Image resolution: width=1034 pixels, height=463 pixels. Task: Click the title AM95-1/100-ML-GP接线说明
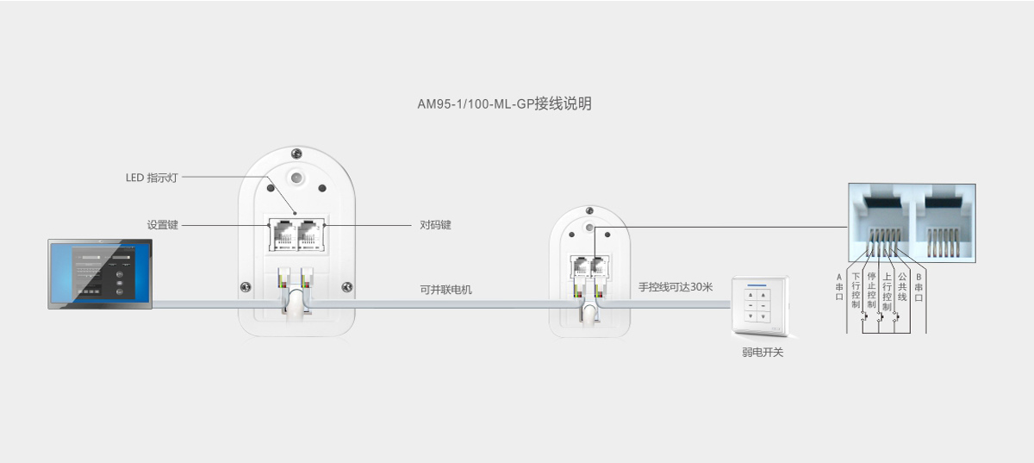pyautogui.click(x=504, y=104)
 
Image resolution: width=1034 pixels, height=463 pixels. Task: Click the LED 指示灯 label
pyautogui.click(x=151, y=178)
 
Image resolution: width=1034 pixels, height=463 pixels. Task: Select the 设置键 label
pyautogui.click(x=162, y=225)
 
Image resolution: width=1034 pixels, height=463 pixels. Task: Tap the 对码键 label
pyautogui.click(x=435, y=225)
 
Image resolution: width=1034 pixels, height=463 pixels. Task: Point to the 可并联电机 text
pyautogui.click(x=445, y=290)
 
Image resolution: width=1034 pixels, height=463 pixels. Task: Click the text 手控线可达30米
pyautogui.click(x=676, y=286)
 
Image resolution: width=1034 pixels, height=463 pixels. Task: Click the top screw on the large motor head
pyautogui.click(x=296, y=153)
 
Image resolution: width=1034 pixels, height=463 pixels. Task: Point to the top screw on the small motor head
pyautogui.click(x=589, y=211)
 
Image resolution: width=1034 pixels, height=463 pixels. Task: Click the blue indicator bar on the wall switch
pyautogui.click(x=757, y=285)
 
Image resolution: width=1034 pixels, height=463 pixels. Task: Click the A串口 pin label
pyautogui.click(x=839, y=286)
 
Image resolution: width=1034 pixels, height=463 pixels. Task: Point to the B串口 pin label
pyautogui.click(x=919, y=286)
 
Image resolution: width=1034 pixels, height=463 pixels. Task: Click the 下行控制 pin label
pyautogui.click(x=856, y=291)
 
